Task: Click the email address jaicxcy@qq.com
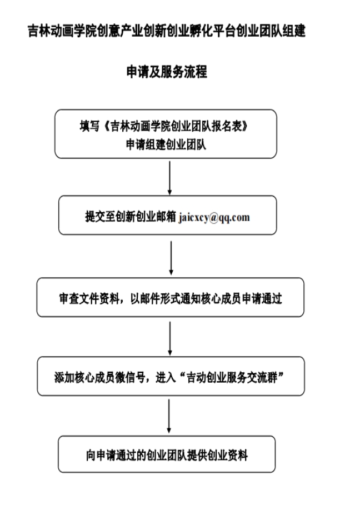click(214, 218)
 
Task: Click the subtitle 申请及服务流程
click(167, 72)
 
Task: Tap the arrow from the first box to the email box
click(169, 178)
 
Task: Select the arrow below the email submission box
click(171, 258)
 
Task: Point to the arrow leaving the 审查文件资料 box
click(170, 338)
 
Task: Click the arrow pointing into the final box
click(169, 416)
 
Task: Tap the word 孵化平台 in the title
click(213, 31)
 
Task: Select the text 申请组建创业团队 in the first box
click(166, 144)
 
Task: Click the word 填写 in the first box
click(89, 126)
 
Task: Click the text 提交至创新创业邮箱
click(131, 217)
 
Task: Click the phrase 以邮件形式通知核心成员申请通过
click(206, 298)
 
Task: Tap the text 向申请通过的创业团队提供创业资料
click(167, 456)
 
